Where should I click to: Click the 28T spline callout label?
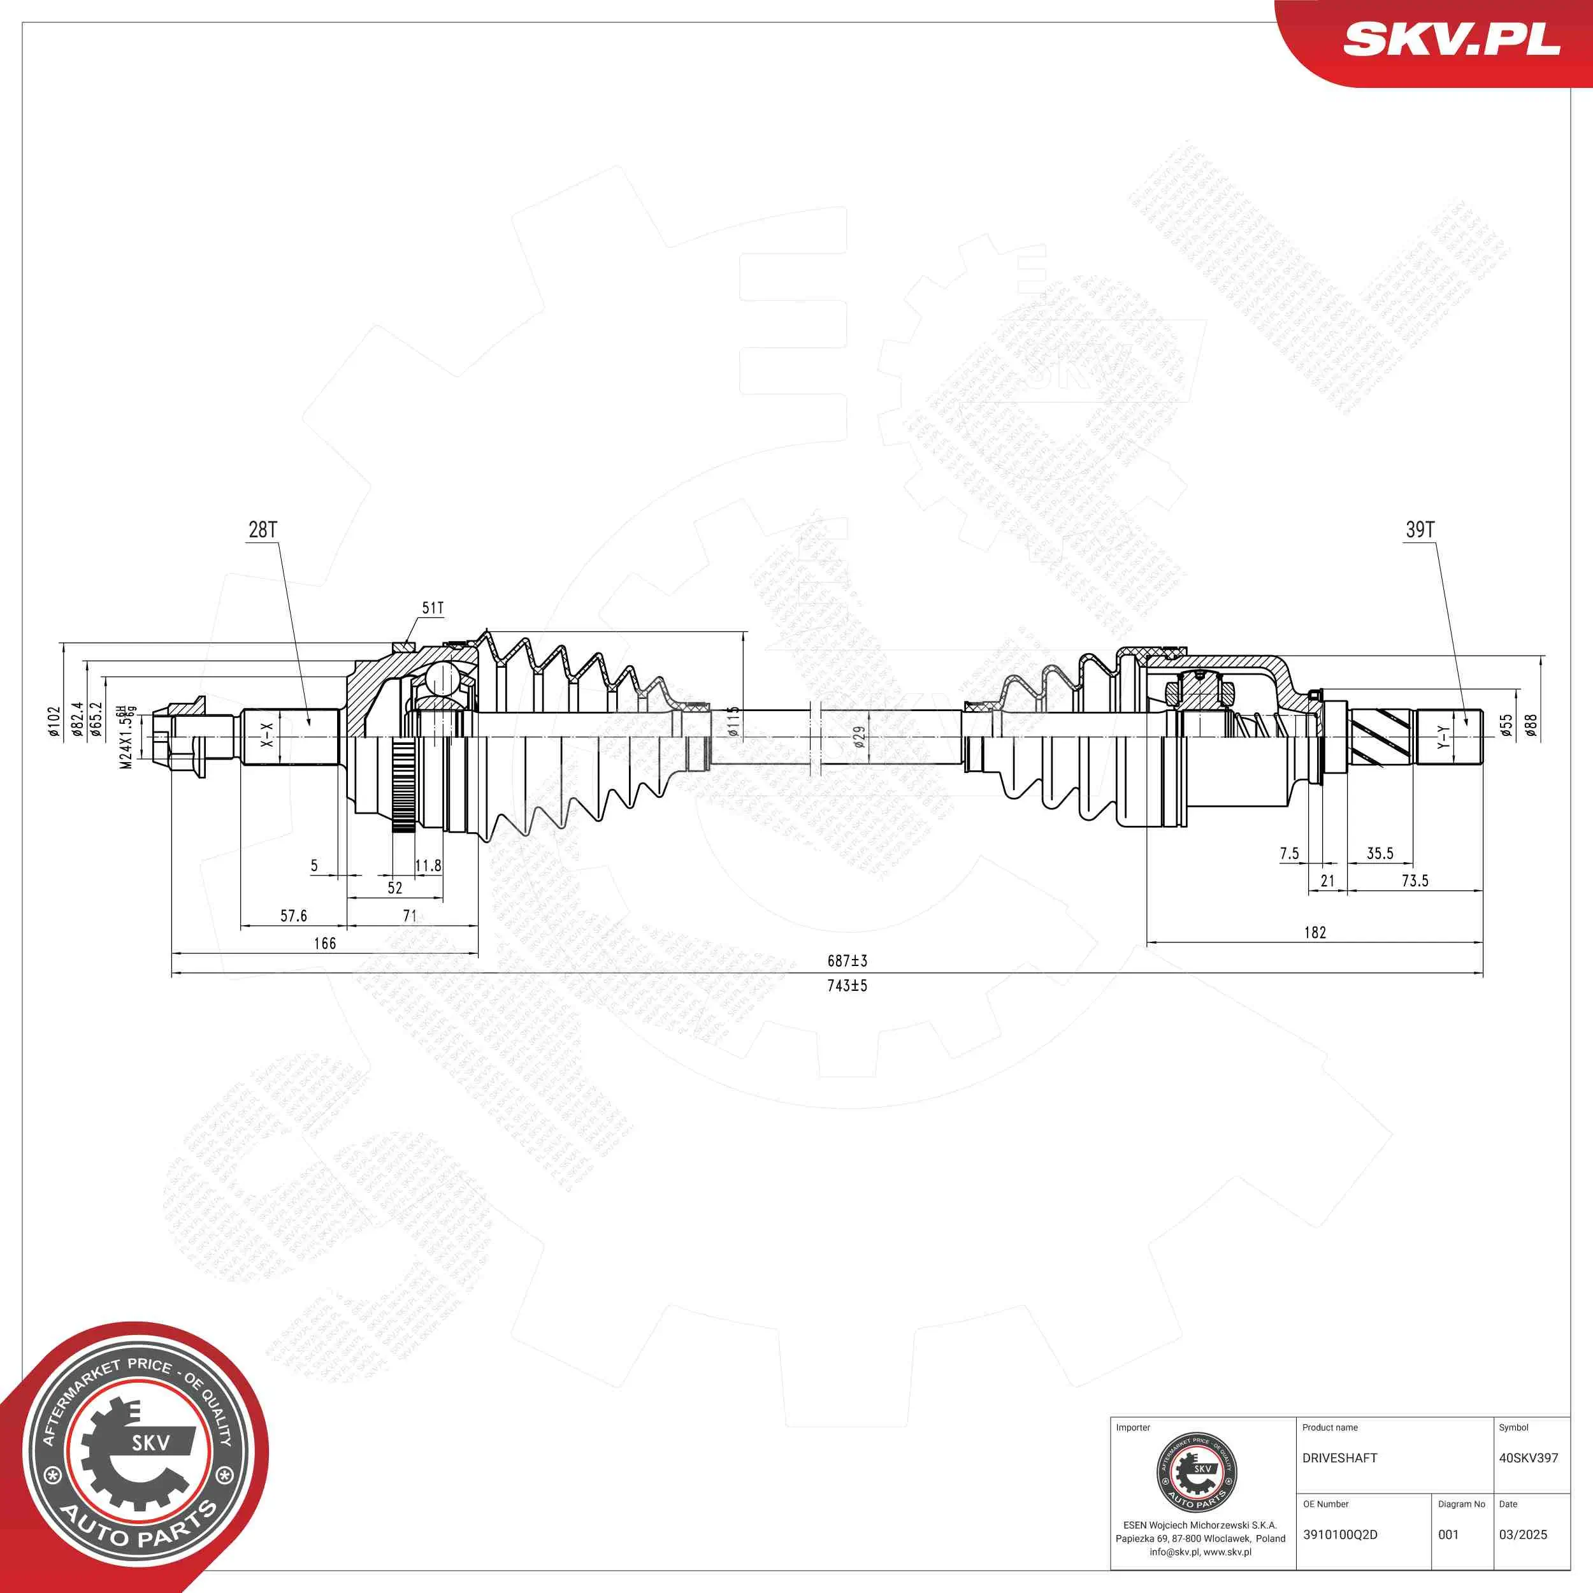click(x=263, y=530)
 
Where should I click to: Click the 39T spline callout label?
click(x=1420, y=530)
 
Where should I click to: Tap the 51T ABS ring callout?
click(x=433, y=608)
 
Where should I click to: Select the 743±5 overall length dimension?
click(x=847, y=985)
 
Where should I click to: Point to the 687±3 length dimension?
click(x=847, y=961)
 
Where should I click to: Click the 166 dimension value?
click(x=325, y=943)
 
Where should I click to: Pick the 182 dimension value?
click(x=1315, y=933)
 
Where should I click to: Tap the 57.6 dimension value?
click(x=294, y=916)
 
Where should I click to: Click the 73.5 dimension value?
click(x=1415, y=881)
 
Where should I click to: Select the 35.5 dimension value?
click(x=1380, y=853)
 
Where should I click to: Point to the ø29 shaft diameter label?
click(x=859, y=737)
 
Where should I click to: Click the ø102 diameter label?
click(x=54, y=723)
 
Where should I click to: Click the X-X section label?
click(x=267, y=735)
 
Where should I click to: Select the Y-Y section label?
click(x=1442, y=737)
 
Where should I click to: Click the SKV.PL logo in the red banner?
click(x=1452, y=40)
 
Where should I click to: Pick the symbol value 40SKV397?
click(x=1528, y=1458)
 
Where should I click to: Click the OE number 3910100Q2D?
click(x=1340, y=1534)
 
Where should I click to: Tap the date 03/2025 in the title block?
click(x=1523, y=1534)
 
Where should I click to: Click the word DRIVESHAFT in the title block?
click(x=1340, y=1458)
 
